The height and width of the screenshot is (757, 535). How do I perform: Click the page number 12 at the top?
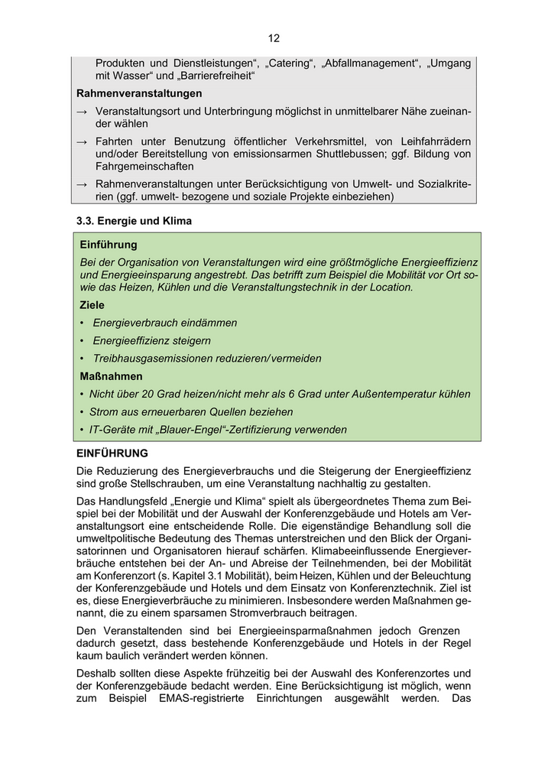(274, 38)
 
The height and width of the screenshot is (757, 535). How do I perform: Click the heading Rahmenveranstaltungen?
(139, 93)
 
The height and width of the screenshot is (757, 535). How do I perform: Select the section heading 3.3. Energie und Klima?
(134, 221)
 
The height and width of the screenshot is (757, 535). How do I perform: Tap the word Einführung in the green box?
(109, 245)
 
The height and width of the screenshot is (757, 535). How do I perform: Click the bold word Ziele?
(93, 304)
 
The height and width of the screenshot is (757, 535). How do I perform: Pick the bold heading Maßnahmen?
(112, 376)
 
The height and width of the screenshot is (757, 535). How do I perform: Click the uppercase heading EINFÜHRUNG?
(112, 453)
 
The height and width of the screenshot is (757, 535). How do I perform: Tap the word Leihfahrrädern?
(433, 141)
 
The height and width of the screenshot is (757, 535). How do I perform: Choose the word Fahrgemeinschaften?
(144, 166)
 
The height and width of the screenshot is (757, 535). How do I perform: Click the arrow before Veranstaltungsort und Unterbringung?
(83, 112)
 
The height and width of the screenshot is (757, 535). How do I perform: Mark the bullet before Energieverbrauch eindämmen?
(82, 323)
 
